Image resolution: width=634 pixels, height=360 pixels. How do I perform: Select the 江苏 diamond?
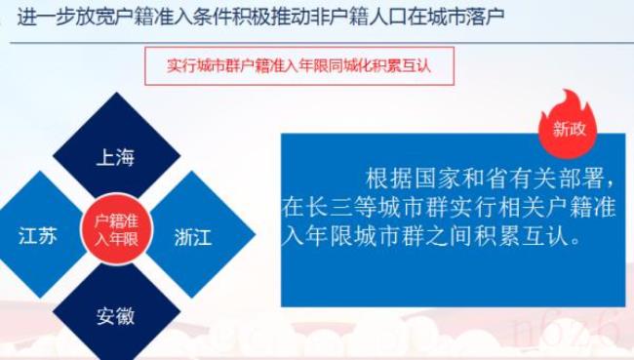[36, 235]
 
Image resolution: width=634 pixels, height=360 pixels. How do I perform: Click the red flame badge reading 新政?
[569, 125]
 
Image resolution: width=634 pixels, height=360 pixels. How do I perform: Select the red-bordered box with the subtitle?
[298, 66]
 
